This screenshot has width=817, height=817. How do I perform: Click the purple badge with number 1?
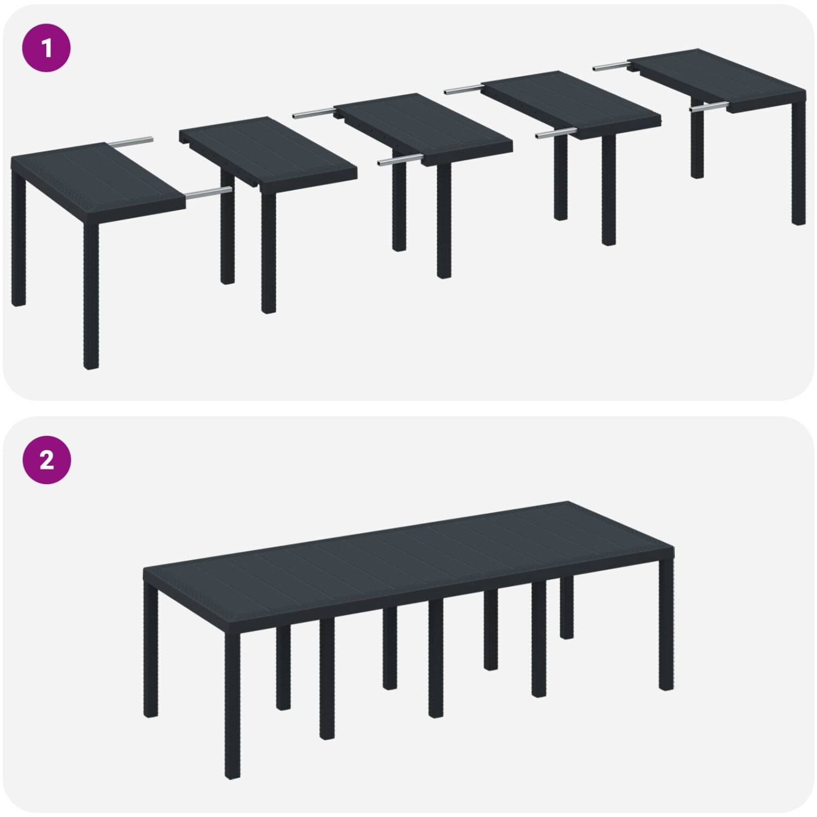pos(46,48)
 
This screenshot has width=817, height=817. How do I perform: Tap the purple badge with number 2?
pos(46,460)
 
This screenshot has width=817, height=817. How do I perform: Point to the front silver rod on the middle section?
pos(400,160)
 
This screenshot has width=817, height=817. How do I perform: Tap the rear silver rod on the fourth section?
pos(464,88)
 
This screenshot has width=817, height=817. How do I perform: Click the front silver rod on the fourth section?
pos(556,133)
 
